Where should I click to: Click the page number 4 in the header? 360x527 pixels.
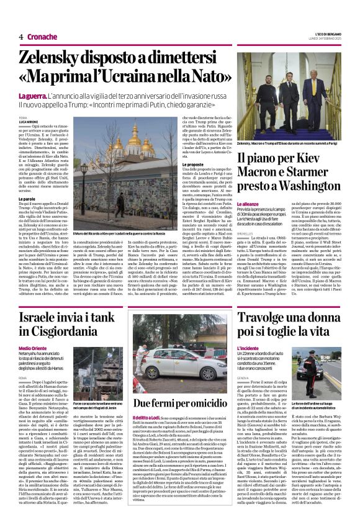click(x=20, y=37)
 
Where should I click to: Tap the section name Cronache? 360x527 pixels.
click(x=42, y=37)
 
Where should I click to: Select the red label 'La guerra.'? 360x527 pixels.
click(x=34, y=97)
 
